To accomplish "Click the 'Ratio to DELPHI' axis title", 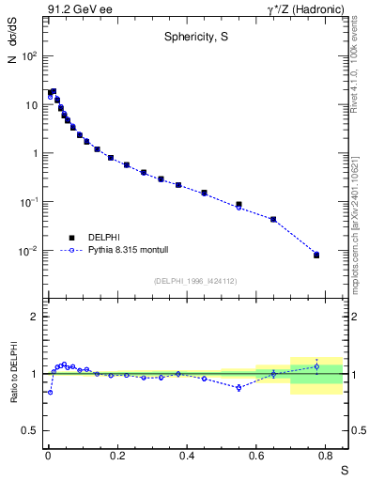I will tap(12, 373).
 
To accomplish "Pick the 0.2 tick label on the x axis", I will tap(117, 455).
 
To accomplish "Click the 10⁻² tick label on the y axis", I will tap(28, 251).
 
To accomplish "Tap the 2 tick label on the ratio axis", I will tap(34, 317).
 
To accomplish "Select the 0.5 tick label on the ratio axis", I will tap(31, 430).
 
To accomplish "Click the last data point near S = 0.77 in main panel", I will tap(316, 255).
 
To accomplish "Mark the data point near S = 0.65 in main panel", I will tap(273, 219).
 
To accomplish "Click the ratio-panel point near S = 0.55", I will tap(238, 387).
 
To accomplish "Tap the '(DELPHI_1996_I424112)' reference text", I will tap(194, 280).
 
